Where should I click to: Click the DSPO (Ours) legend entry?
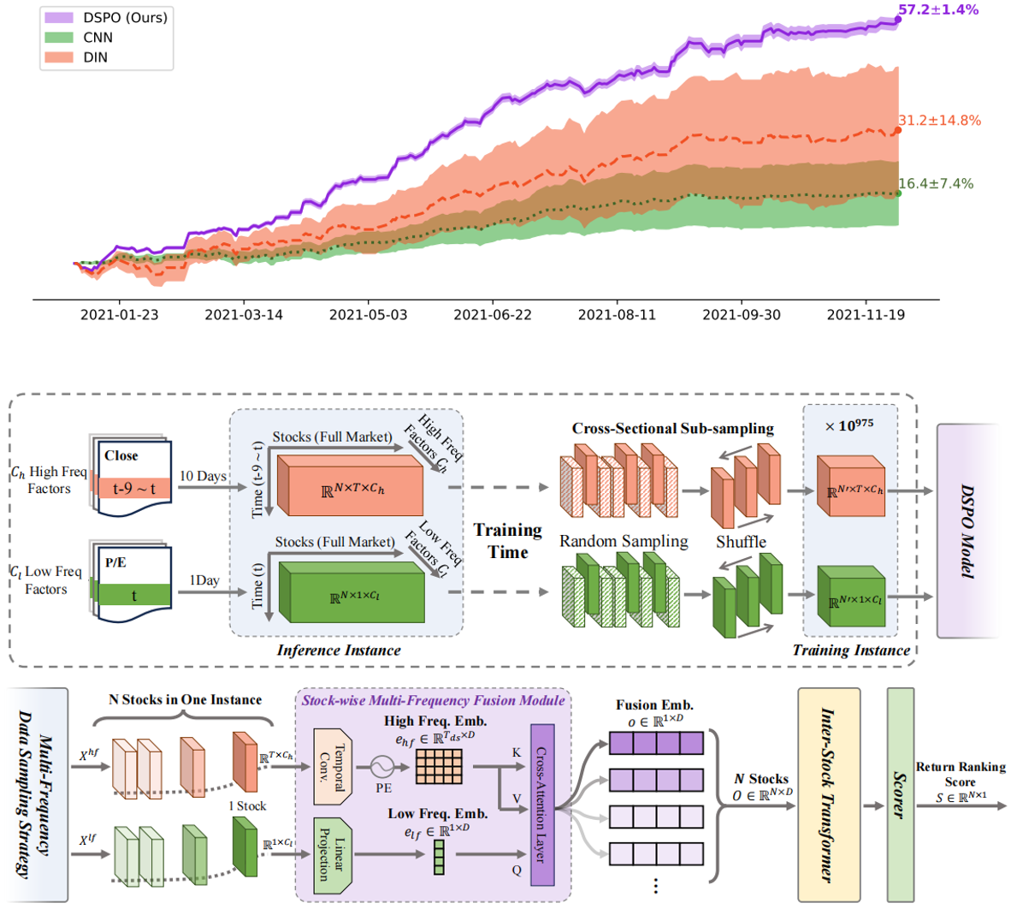click(106, 17)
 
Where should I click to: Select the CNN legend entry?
click(79, 38)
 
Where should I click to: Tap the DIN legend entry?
click(76, 57)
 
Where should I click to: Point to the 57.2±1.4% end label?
click(938, 9)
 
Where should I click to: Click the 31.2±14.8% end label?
click(939, 121)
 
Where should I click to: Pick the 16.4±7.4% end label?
click(936, 184)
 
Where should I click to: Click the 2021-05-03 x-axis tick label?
click(368, 315)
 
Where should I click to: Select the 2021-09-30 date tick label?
click(741, 315)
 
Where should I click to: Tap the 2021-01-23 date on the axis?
click(119, 315)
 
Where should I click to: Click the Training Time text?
click(508, 541)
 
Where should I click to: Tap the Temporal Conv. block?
click(332, 767)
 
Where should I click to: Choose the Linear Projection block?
click(332, 856)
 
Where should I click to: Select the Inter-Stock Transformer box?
click(829, 795)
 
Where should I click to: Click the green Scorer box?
click(900, 795)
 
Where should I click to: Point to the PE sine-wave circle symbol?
click(382, 767)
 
